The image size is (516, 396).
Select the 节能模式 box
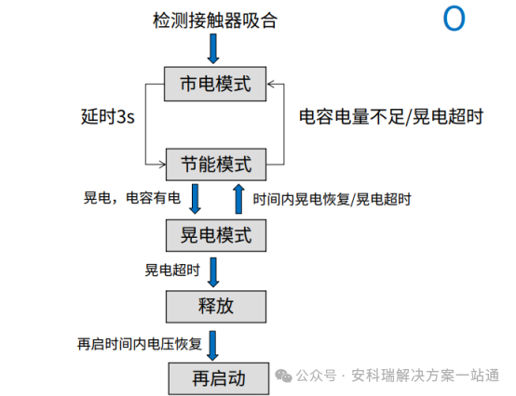[x=215, y=165]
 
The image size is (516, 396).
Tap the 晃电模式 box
[x=215, y=234]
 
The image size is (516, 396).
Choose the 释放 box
[x=215, y=306]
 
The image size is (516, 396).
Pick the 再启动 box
[x=215, y=377]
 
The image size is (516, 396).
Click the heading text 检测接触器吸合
[x=215, y=20]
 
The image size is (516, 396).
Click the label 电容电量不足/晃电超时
[x=390, y=118]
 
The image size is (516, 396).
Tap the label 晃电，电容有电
[x=133, y=199]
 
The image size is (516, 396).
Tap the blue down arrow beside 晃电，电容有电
[x=196, y=199]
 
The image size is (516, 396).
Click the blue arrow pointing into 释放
[x=215, y=271]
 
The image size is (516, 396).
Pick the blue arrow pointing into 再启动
[x=215, y=344]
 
